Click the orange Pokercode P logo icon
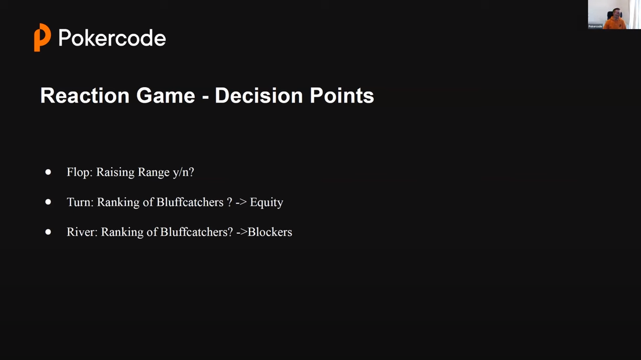[43, 37]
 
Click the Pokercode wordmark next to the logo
[112, 38]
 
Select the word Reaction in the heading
[85, 95]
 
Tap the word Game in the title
[166, 95]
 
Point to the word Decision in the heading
[259, 95]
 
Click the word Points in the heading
[342, 95]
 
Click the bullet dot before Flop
[48, 172]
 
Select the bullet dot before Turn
[48, 202]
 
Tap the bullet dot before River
[48, 232]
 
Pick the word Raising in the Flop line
[115, 172]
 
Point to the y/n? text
[183, 172]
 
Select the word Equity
[267, 202]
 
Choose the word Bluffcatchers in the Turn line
[190, 202]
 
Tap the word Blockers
[270, 232]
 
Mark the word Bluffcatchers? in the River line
[196, 232]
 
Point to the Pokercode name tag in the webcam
[595, 27]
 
